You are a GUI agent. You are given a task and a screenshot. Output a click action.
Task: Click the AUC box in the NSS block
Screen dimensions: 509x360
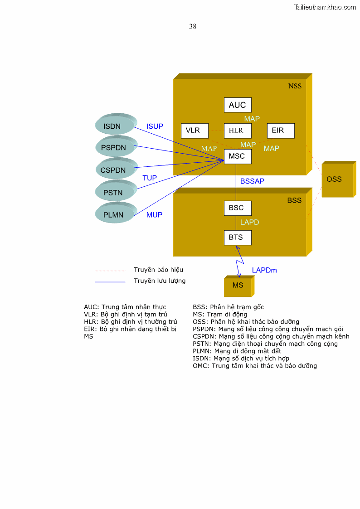pyautogui.click(x=238, y=105)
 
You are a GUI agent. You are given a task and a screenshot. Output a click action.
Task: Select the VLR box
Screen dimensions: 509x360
pyautogui.click(x=194, y=131)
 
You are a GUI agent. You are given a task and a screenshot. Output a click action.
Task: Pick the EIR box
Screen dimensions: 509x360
pyautogui.click(x=280, y=131)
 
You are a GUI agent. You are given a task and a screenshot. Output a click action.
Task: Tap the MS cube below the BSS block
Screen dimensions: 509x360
pyautogui.click(x=238, y=286)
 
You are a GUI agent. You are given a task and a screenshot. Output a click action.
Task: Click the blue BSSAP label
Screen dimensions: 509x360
pyautogui.click(x=252, y=181)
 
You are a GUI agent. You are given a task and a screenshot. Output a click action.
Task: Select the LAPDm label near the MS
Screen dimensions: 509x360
pyautogui.click(x=264, y=271)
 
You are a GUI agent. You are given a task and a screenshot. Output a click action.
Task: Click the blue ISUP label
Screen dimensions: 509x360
pyautogui.click(x=155, y=126)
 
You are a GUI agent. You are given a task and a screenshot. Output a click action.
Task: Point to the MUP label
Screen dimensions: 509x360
pyautogui.click(x=154, y=215)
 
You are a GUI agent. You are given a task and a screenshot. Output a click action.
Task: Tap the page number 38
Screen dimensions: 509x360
pyautogui.click(x=193, y=26)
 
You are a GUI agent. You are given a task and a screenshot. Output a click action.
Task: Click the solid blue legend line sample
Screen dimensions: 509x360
pyautogui.click(x=110, y=282)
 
